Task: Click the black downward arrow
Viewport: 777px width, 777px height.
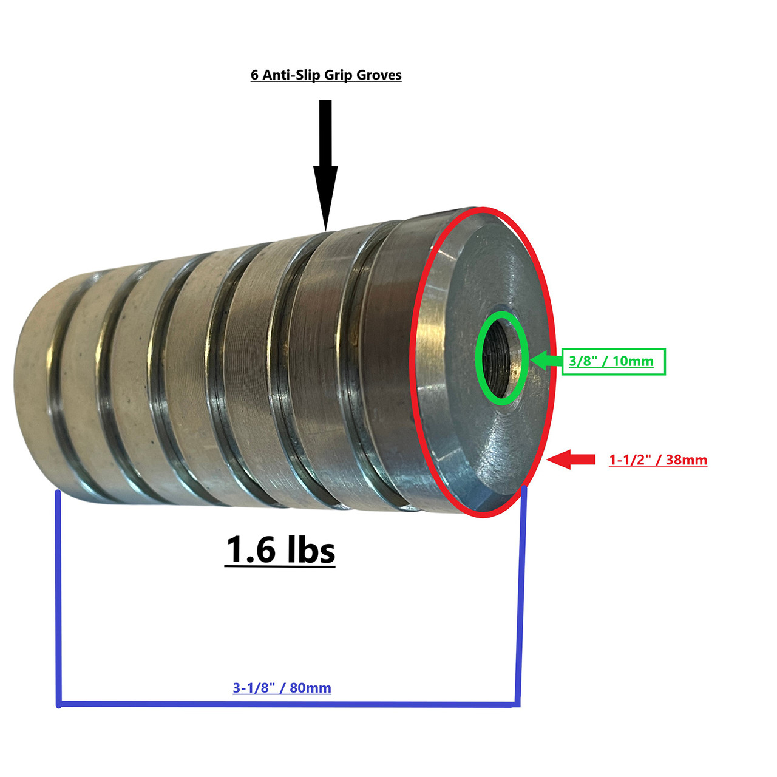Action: (x=325, y=164)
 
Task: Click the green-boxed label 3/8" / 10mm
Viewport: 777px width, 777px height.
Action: (x=613, y=361)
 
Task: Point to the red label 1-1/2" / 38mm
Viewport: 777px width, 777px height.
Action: (x=658, y=460)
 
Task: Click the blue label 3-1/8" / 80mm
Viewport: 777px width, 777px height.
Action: (x=282, y=688)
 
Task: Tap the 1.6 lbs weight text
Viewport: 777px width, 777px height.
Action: (x=280, y=549)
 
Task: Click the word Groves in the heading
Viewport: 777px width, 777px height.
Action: (x=379, y=75)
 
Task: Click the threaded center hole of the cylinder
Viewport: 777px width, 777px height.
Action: (x=501, y=358)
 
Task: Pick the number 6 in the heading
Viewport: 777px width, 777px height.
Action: (x=254, y=75)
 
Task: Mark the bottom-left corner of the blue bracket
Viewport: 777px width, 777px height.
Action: (x=59, y=704)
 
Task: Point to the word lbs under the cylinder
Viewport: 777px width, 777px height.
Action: (x=311, y=549)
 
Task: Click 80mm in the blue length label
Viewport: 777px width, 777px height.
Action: (x=310, y=688)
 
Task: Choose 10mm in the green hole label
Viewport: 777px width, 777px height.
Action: (x=633, y=361)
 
